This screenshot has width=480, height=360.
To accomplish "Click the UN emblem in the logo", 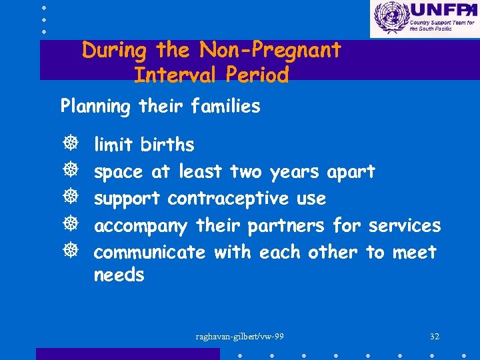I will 390,17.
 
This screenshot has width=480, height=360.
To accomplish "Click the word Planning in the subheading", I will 92,107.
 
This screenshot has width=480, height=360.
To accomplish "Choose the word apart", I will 351,172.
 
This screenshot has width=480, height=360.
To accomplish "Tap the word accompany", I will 141,226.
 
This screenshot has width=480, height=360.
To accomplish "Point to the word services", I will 405,226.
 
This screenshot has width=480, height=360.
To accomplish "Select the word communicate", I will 150,253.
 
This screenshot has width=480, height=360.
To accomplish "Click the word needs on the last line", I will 119,275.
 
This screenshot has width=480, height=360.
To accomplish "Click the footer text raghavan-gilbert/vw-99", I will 239,337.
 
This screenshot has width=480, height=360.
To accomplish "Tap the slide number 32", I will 435,337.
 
